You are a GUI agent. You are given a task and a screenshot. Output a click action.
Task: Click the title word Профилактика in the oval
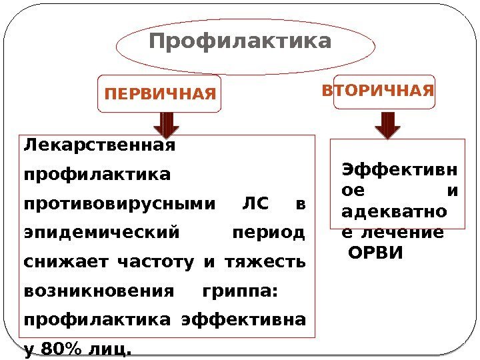[x=240, y=42]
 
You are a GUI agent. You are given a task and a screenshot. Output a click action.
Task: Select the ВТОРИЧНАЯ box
[x=378, y=90]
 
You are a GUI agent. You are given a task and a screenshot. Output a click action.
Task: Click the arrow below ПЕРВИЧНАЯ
[x=166, y=124]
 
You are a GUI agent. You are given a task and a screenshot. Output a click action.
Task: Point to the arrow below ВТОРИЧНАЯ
[x=387, y=124]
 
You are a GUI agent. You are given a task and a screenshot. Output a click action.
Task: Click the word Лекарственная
[x=99, y=145]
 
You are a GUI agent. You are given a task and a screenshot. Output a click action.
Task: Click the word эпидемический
[x=101, y=234]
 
